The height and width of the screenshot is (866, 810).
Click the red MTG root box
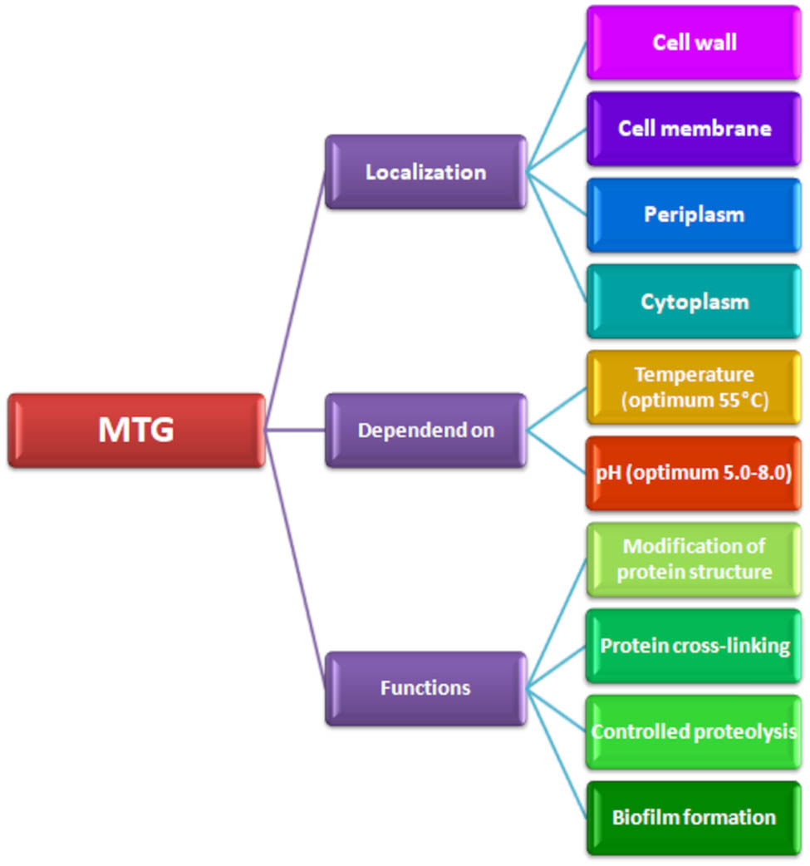[x=137, y=430]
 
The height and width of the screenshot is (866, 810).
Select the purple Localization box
[x=425, y=172]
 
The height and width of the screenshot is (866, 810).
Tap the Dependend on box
[x=425, y=430]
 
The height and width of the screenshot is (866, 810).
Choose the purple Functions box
[x=425, y=688]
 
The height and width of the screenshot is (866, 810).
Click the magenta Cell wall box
[x=694, y=42]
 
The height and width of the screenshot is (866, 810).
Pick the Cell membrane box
[x=694, y=129]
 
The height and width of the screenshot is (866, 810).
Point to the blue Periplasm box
[x=694, y=214]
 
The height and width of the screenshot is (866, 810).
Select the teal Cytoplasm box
[x=694, y=301]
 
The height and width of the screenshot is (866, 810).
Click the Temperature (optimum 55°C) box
[x=694, y=386]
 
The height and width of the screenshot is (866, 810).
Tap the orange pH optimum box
[x=694, y=473]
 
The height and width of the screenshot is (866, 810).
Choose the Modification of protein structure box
[x=694, y=559]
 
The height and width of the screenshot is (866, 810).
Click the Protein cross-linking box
[x=694, y=646]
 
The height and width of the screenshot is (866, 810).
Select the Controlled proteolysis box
[x=694, y=731]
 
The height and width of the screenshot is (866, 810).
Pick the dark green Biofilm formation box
[x=694, y=818]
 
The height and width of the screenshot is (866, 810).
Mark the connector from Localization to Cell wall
[x=557, y=108]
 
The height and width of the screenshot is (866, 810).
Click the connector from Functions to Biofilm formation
[x=557, y=752]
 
